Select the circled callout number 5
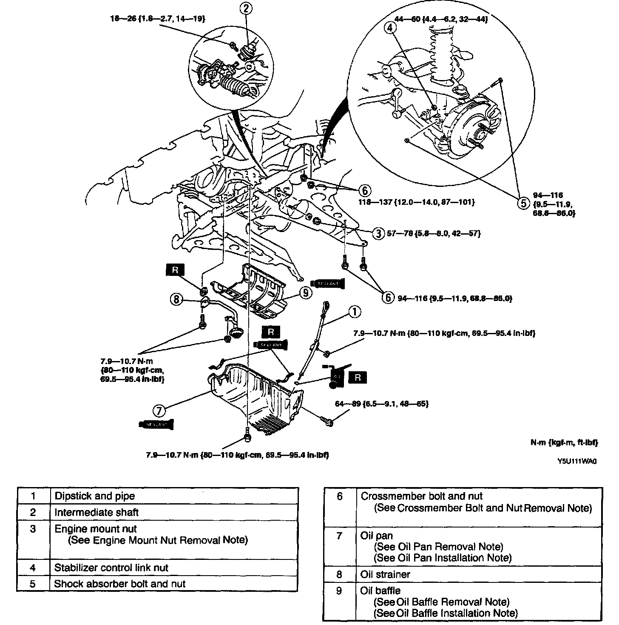pyautogui.click(x=523, y=203)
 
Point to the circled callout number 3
pyautogui.click(x=378, y=233)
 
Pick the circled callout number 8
pyautogui.click(x=176, y=299)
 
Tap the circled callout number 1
pyautogui.click(x=354, y=312)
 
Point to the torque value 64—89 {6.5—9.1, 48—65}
pyautogui.click(x=381, y=403)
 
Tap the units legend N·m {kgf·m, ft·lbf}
pyautogui.click(x=564, y=443)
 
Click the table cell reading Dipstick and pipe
pyautogui.click(x=95, y=496)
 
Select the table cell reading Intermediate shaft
pyautogui.click(x=97, y=513)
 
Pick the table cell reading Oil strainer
pyautogui.click(x=385, y=574)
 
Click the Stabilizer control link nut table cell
pyautogui.click(x=111, y=568)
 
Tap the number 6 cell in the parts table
pyautogui.click(x=339, y=496)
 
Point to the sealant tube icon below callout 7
pyautogui.click(x=157, y=424)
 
